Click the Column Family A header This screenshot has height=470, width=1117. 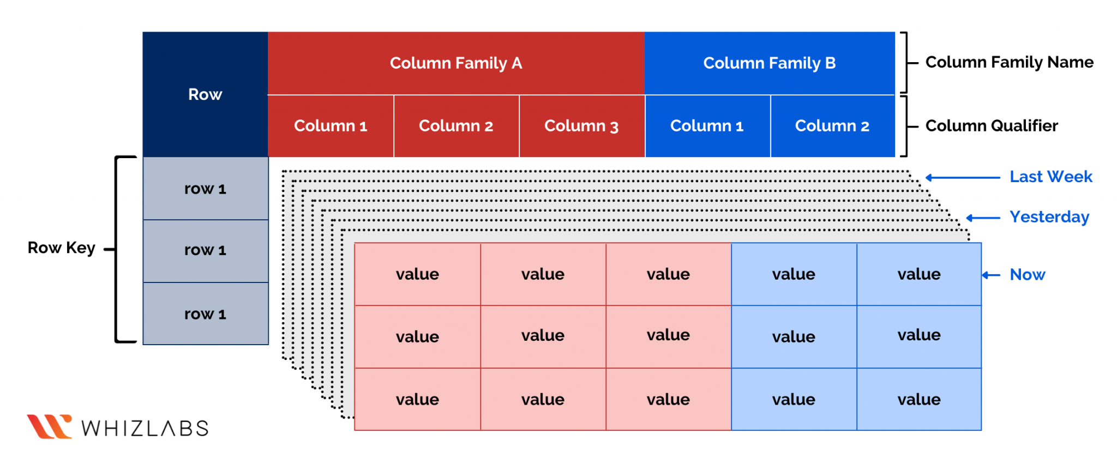click(x=456, y=63)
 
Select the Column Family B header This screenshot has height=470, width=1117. click(x=769, y=63)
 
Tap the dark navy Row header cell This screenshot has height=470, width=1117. click(x=205, y=94)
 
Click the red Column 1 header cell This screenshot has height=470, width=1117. click(x=331, y=126)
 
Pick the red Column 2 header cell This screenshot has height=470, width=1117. click(x=456, y=126)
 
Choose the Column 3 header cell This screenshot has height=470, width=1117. click(x=581, y=126)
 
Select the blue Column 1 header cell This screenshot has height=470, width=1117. click(x=707, y=126)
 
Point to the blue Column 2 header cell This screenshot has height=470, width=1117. click(x=832, y=126)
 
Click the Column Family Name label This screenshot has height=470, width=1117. click(x=1009, y=62)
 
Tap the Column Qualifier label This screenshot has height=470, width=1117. click(x=992, y=126)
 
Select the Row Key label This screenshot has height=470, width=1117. click(x=61, y=248)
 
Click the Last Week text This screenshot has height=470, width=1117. click(x=1050, y=177)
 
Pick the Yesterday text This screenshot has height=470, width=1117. click(x=1049, y=217)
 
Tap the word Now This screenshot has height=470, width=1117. click(x=1027, y=275)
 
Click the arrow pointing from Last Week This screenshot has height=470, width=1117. click(x=963, y=177)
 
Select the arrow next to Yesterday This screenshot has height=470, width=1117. click(x=983, y=218)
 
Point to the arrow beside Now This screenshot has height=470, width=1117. click(x=990, y=275)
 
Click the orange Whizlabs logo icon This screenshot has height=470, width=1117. click(x=49, y=426)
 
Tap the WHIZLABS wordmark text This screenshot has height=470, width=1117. click(x=145, y=429)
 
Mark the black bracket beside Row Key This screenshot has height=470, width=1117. click(x=117, y=249)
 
